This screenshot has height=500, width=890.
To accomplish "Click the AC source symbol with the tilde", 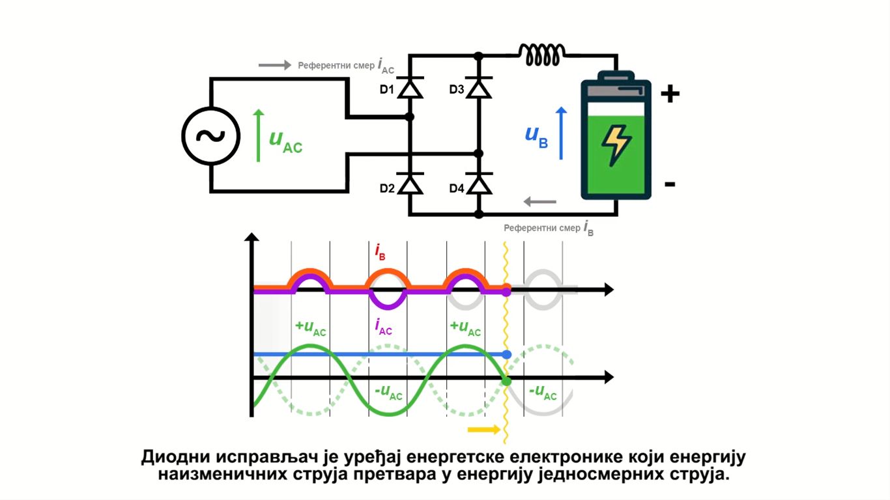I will (210, 136).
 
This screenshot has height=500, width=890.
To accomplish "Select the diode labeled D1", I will (410, 88).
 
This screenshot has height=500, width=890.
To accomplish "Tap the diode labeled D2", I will (410, 185).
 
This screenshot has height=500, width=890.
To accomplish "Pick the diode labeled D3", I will (479, 88).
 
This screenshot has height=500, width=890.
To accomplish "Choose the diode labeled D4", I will (479, 185).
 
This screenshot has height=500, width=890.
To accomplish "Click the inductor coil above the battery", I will (541, 55).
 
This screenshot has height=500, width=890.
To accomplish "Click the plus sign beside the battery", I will (670, 94).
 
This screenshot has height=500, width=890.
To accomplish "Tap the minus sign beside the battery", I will (670, 184).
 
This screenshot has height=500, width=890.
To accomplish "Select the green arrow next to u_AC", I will (259, 136).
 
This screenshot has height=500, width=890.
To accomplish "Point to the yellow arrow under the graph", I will (484, 430).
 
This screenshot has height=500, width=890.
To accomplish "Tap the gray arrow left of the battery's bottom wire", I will (540, 202).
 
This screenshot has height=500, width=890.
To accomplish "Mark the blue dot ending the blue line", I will (508, 355).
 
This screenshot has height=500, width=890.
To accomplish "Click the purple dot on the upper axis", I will (507, 292).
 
